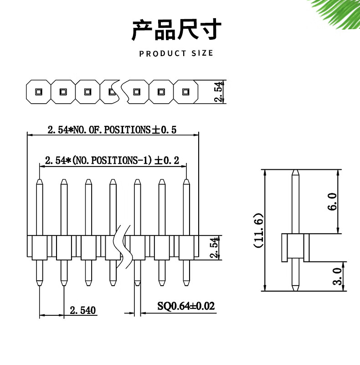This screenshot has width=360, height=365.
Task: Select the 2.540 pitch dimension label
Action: (x=82, y=311)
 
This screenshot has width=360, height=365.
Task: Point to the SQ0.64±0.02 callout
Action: (x=186, y=306)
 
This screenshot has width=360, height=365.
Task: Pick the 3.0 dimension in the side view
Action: (x=337, y=276)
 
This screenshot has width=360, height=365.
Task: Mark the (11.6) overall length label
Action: (x=259, y=230)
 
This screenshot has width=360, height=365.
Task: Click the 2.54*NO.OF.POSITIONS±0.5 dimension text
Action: (x=112, y=130)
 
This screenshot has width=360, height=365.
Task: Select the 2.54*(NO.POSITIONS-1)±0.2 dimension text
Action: (x=112, y=161)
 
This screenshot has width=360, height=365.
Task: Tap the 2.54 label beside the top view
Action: (x=219, y=92)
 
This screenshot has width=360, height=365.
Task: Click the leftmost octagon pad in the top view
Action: (x=38, y=91)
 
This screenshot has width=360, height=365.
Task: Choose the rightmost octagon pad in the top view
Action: (x=185, y=91)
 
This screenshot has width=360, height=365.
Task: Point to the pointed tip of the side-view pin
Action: (x=295, y=172)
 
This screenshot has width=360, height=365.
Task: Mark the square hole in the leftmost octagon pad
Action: (x=38, y=91)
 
